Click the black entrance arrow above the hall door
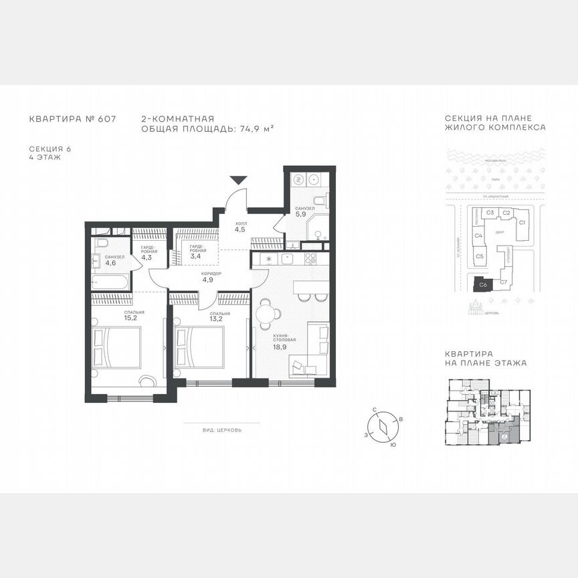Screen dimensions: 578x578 coord(239,180)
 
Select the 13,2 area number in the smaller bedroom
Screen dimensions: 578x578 coord(220,318)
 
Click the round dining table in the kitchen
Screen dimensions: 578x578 coord(267,312)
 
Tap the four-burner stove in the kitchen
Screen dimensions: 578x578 coord(310,258)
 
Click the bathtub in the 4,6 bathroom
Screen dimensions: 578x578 coord(110,283)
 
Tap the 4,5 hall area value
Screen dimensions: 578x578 coord(239,229)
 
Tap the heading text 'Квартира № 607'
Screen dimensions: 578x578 coord(72,119)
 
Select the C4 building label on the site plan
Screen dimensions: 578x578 coord(479,235)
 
